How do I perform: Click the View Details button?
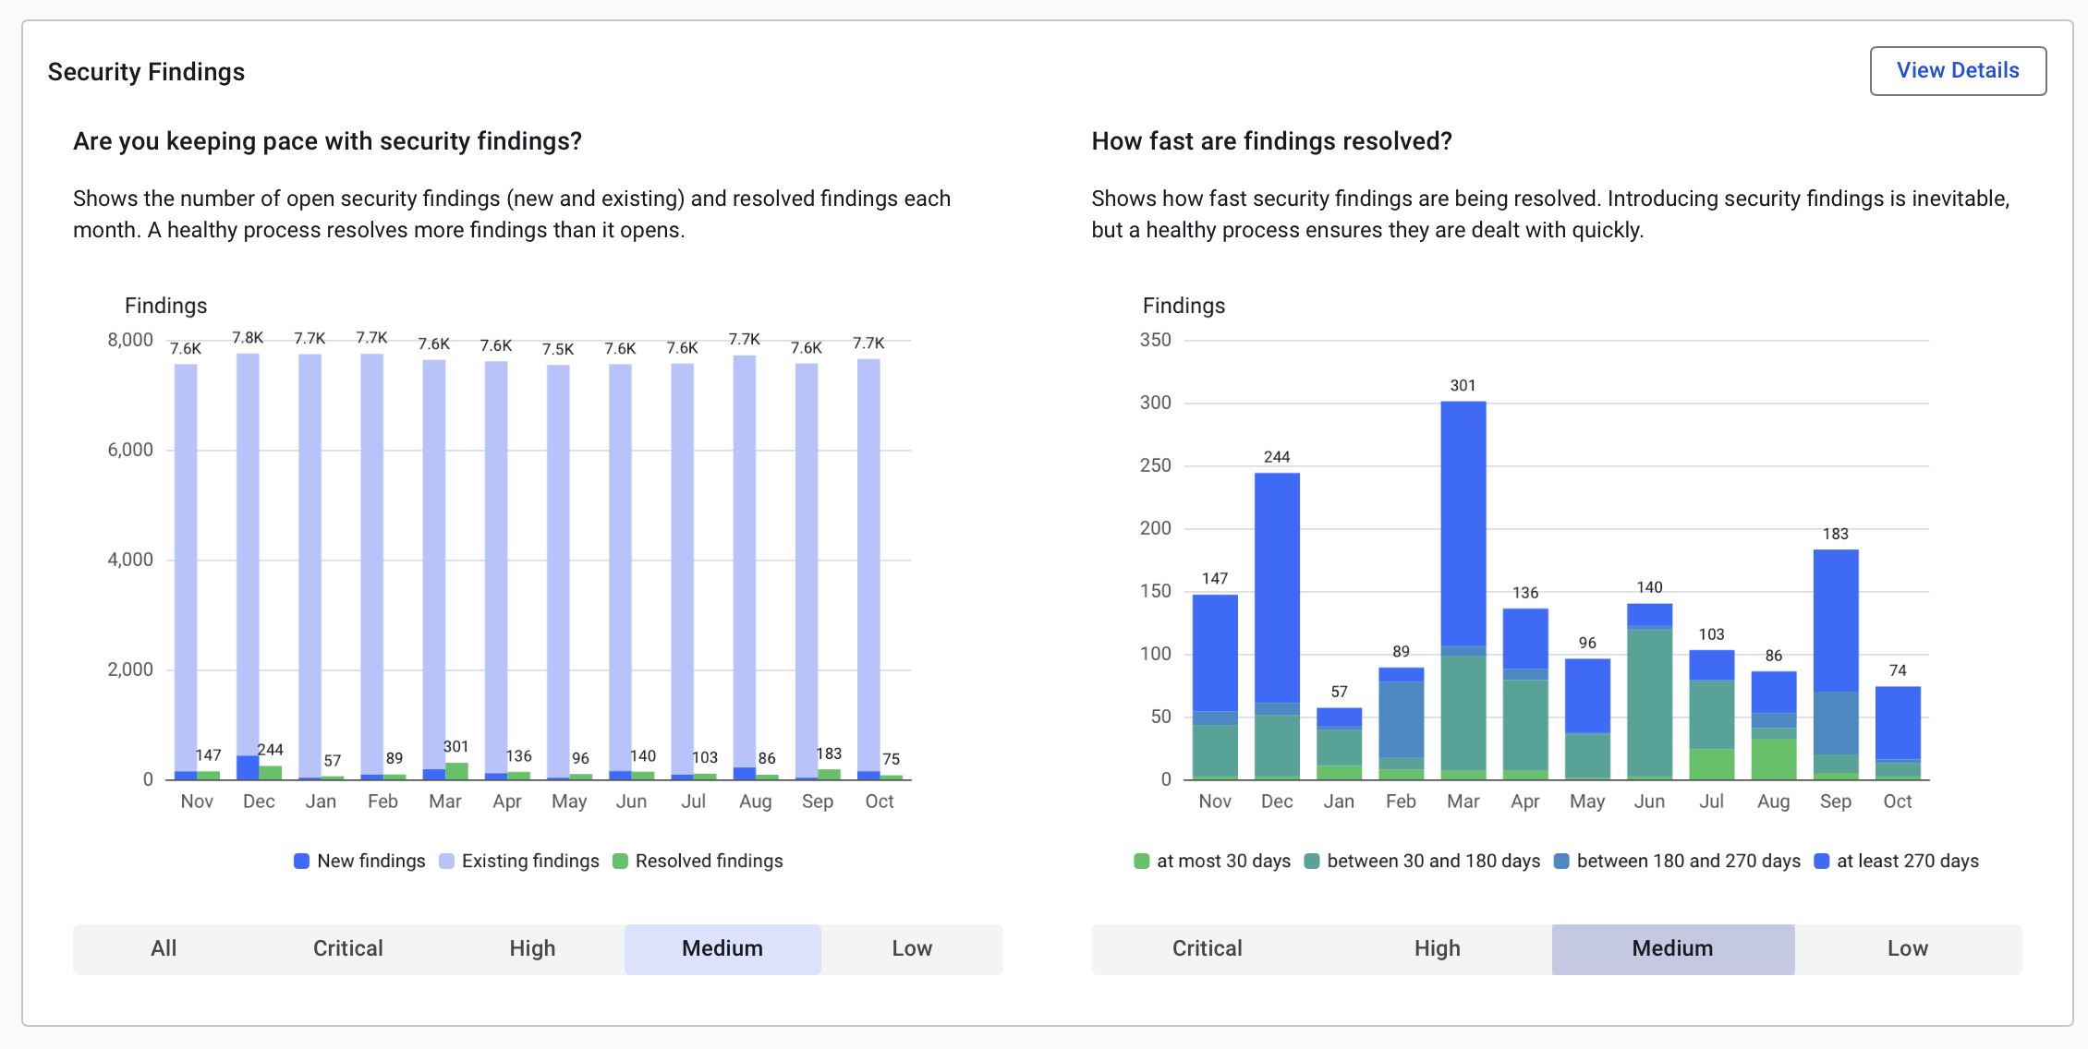1957,71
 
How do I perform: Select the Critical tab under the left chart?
347,948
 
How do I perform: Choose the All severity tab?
164,948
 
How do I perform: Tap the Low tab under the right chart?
1907,948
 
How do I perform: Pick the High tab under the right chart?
1437,948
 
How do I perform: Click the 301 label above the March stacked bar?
1463,386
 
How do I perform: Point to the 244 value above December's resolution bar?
1277,457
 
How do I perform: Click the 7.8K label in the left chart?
248,338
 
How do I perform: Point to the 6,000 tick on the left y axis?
130,450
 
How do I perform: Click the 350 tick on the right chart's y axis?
1155,340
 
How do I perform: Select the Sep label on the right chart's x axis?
1835,802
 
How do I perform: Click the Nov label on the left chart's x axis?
197,802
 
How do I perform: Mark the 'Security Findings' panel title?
146,72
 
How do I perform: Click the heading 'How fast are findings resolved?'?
1271,141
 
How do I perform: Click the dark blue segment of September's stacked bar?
1836,619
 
